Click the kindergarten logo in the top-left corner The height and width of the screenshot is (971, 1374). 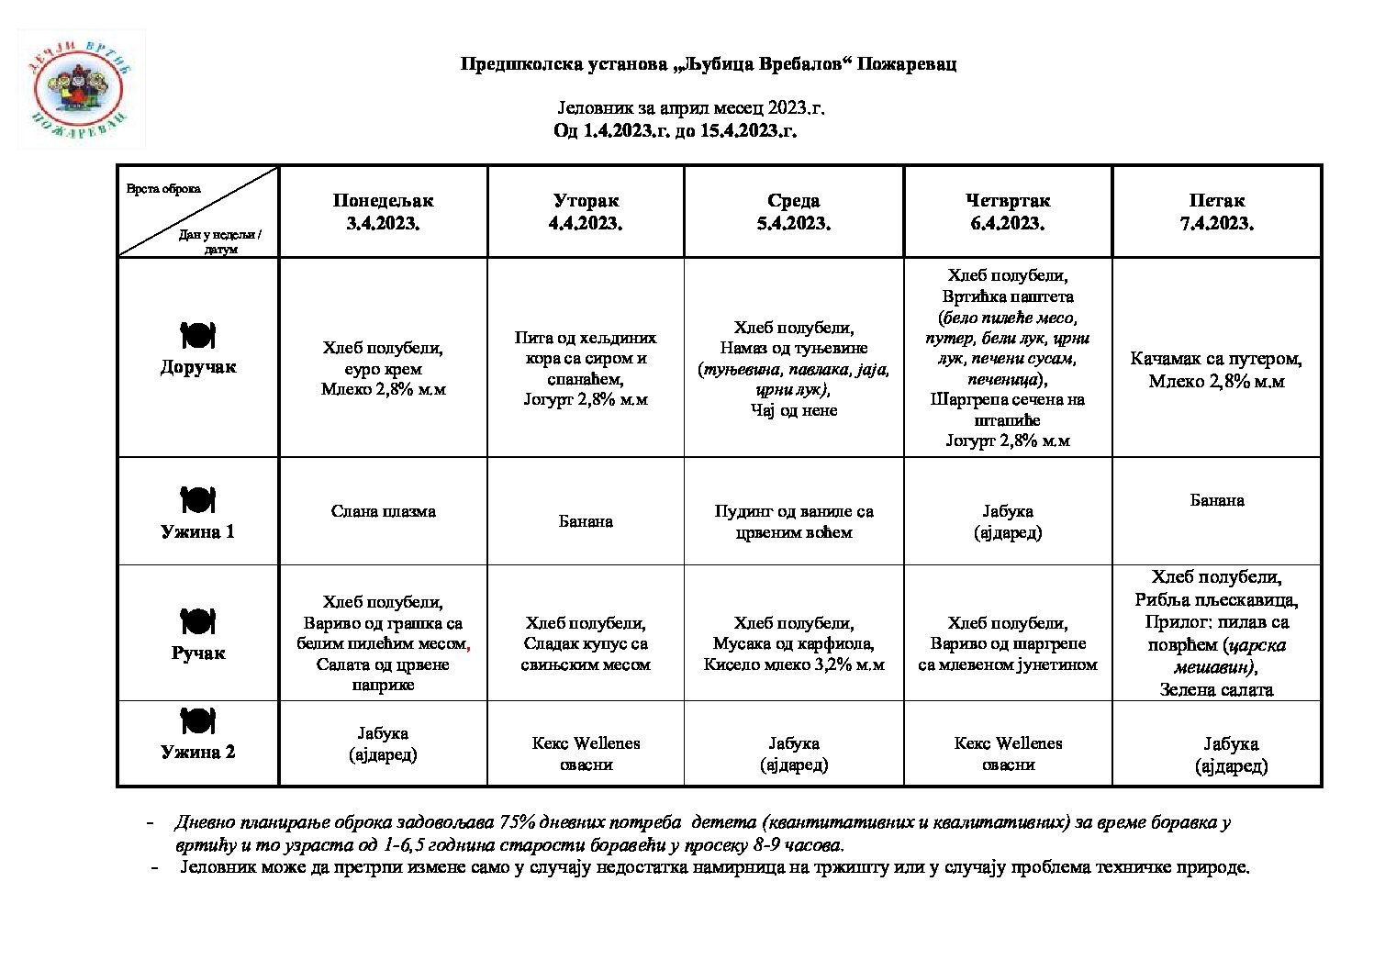coord(81,89)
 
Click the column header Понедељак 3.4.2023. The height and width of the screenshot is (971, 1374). coord(383,212)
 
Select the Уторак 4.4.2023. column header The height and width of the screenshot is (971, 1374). coord(586,212)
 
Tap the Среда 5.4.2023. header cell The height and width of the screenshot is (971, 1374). coord(794,212)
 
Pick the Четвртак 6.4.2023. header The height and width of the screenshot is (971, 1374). coord(1008,212)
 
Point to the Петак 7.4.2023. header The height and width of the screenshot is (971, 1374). coord(1217,212)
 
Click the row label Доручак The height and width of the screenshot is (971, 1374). coord(198,367)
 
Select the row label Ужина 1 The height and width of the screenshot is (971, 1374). coord(198,531)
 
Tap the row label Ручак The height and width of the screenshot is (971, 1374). coord(198,653)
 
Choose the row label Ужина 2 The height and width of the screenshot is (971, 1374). coord(198,752)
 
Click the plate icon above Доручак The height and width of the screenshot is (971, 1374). coord(197,335)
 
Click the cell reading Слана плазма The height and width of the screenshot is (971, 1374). coord(383,511)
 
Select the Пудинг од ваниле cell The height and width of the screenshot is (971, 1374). coord(794,521)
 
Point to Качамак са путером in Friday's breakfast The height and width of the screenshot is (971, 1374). coord(1216,359)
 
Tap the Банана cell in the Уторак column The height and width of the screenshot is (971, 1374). coord(586,521)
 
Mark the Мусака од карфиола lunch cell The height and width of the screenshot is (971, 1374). coord(794,644)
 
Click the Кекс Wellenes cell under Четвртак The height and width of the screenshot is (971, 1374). coord(1008,753)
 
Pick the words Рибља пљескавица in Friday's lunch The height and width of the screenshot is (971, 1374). coord(1216,600)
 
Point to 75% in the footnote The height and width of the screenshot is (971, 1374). coord(518,822)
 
